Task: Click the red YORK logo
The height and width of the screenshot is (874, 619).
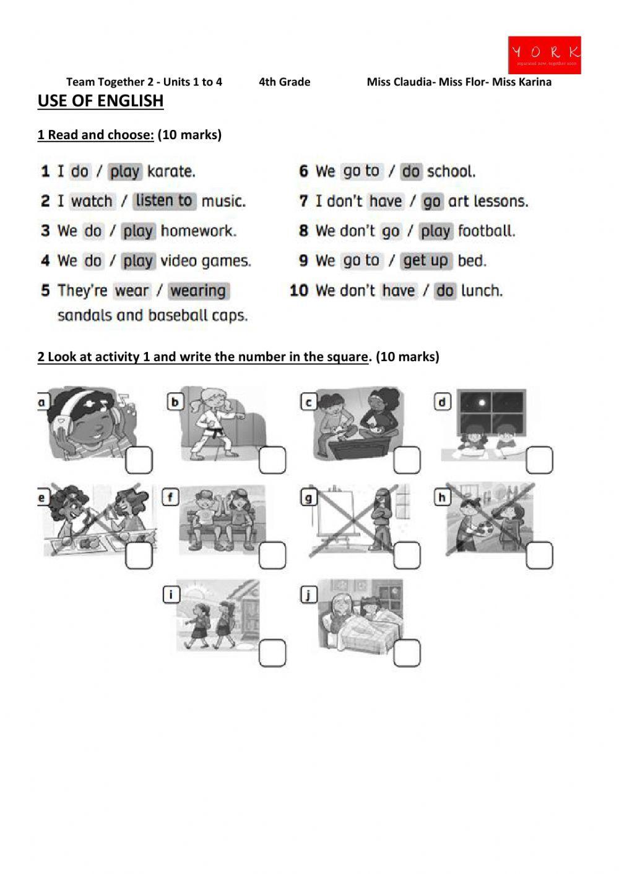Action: [x=544, y=54]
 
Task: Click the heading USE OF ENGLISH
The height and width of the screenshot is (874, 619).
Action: [x=100, y=101]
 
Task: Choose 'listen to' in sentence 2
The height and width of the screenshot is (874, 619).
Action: [x=164, y=200]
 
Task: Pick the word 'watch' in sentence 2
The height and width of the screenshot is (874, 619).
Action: [x=92, y=201]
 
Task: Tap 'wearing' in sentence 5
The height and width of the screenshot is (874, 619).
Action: [x=198, y=291]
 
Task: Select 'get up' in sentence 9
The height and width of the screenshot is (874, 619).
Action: [x=425, y=260]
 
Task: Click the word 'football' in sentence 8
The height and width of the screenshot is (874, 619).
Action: [x=486, y=231]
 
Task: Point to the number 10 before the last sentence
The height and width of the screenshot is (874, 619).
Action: [x=298, y=290]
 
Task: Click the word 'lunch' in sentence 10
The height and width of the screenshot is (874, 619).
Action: [x=481, y=290]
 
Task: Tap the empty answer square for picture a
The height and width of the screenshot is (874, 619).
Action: [x=139, y=460]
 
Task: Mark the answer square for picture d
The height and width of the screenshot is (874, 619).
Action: [x=539, y=460]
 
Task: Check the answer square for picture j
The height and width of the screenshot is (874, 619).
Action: [x=407, y=653]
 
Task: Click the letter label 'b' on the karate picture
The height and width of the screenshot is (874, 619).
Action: [x=175, y=403]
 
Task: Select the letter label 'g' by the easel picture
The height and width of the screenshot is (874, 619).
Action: [x=308, y=497]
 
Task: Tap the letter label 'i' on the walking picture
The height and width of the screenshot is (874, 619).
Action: [x=170, y=595]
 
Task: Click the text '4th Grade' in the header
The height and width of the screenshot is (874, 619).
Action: [x=284, y=82]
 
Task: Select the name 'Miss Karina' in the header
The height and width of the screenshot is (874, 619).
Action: [x=521, y=82]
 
